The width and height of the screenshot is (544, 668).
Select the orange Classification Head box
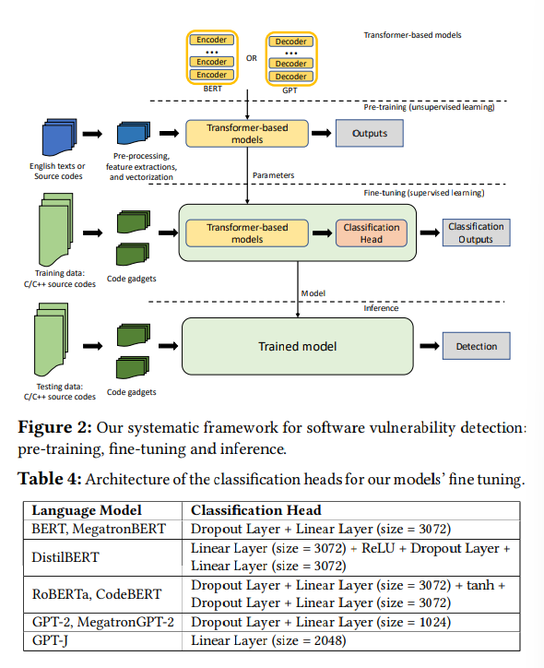(x=372, y=233)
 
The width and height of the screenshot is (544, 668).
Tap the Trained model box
(x=297, y=346)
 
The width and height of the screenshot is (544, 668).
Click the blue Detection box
(x=476, y=346)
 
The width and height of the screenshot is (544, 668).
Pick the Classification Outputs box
(x=476, y=233)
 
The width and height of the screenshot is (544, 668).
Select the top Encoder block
(x=212, y=40)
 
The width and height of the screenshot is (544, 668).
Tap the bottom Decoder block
(x=291, y=75)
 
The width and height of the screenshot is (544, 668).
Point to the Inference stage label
(x=381, y=308)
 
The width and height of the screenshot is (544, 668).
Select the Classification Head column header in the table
(x=255, y=510)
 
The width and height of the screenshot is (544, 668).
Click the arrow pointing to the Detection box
(x=429, y=346)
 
